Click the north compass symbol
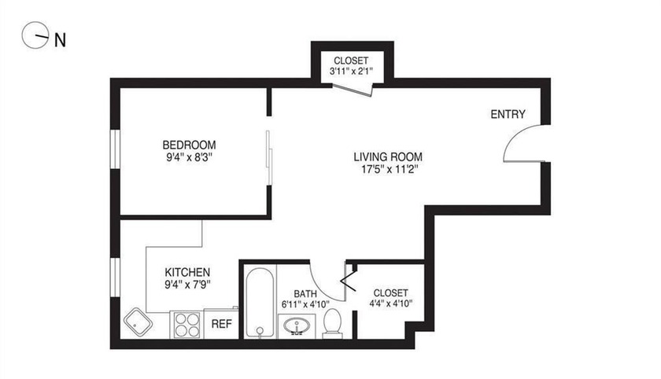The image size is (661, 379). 35,35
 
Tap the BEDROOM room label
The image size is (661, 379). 189,145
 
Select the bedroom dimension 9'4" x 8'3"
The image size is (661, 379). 189,157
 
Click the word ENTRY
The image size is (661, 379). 508,115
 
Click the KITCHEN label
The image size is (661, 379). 187,272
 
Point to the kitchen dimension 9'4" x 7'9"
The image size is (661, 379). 187,285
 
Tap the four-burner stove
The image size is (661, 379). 187,324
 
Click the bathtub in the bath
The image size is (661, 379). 258,303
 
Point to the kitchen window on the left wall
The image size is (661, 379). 115,280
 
